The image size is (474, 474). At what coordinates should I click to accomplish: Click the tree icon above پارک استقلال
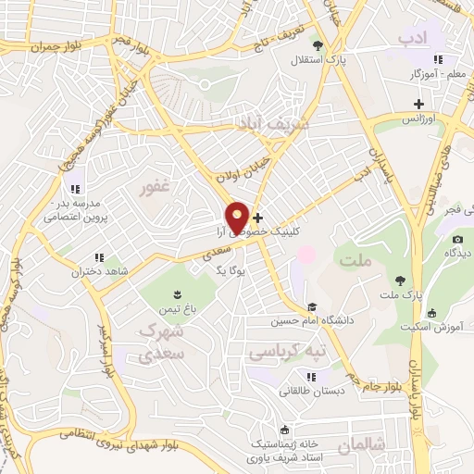coord(318,44)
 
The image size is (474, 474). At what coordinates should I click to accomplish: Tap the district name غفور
coord(155,189)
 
